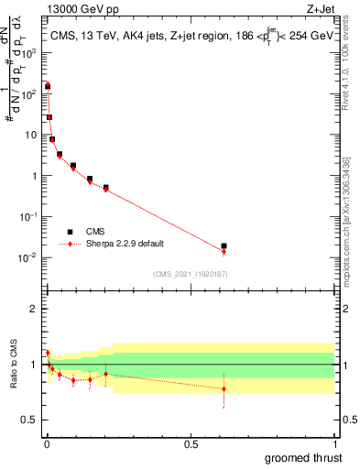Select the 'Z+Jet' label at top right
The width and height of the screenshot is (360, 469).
(318, 10)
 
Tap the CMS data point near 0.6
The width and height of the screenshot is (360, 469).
(224, 246)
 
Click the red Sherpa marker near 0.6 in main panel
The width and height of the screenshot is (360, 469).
(224, 252)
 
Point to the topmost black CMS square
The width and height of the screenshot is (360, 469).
(48, 85)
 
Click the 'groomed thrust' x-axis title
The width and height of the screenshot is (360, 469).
(304, 457)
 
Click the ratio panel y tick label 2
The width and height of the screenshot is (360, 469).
(34, 309)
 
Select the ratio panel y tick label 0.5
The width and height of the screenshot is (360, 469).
(29, 420)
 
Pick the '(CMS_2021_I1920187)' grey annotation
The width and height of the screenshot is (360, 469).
(191, 274)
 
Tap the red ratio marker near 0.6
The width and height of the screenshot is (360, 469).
(224, 388)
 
